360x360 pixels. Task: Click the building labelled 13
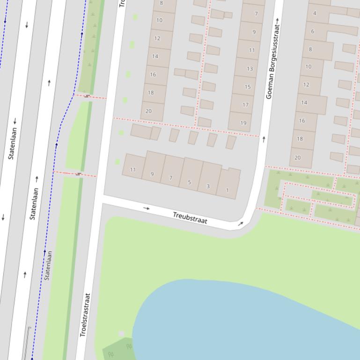point(249,69)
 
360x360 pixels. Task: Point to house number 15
point(247,86)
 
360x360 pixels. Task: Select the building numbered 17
point(245,104)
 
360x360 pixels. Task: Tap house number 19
point(242,122)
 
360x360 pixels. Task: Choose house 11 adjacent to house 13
point(251,50)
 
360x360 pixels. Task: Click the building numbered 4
point(315,13)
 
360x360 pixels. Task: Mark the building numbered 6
point(313,31)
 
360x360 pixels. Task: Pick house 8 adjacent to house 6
point(310,49)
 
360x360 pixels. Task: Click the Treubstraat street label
point(190,217)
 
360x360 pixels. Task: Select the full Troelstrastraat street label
point(84,315)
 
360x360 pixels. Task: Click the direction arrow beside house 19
point(264,139)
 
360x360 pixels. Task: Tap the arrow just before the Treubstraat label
point(147,208)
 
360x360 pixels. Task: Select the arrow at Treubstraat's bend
point(241,224)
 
